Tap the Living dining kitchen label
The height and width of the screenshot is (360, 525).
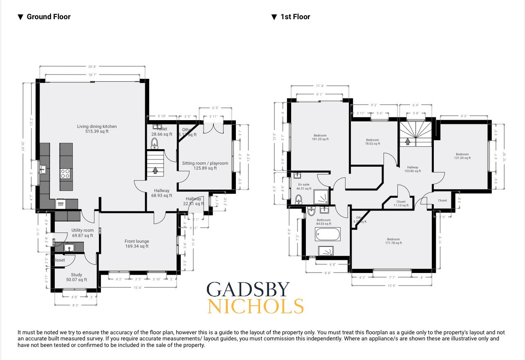(97, 129)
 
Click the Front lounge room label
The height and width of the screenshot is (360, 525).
(137, 244)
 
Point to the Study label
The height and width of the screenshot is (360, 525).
(76, 277)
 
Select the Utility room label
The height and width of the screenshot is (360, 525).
(83, 233)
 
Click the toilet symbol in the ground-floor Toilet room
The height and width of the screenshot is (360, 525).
(155, 143)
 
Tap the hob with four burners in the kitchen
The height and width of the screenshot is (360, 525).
(65, 173)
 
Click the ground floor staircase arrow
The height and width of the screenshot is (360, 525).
(155, 170)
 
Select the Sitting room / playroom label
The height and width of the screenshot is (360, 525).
(205, 165)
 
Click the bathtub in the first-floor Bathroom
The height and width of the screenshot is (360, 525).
(328, 235)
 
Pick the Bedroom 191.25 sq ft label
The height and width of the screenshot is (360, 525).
(320, 137)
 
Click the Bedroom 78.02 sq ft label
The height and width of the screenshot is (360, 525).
(372, 142)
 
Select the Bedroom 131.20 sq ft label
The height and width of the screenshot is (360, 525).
(462, 156)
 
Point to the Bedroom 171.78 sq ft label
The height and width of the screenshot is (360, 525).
(393, 241)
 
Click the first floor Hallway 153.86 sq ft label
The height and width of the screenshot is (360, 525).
(413, 169)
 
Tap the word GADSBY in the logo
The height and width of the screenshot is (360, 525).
(248, 290)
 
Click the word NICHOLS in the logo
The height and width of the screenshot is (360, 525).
(256, 306)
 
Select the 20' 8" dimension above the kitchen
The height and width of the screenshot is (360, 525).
(92, 67)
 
